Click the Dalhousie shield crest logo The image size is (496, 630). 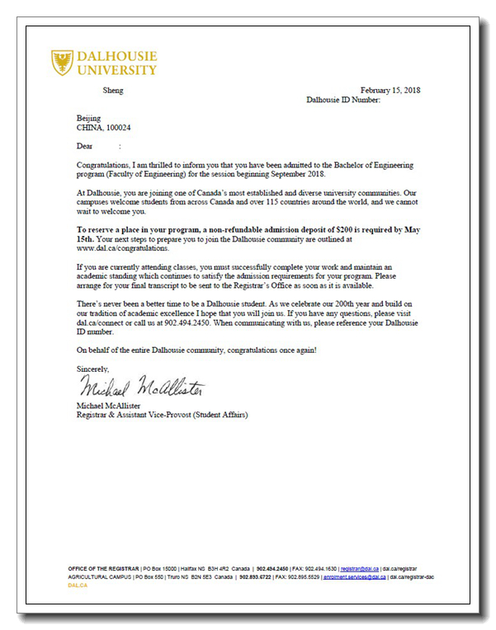62,63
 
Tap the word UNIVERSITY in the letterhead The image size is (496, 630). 116,70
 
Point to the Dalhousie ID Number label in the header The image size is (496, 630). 342,100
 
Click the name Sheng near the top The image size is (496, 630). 112,90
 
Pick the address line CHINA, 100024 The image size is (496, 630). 103,128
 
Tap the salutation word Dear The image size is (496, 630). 85,146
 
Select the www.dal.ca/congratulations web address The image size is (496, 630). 122,248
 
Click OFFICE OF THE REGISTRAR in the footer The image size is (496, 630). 104,569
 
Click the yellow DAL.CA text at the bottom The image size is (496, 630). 77,585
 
